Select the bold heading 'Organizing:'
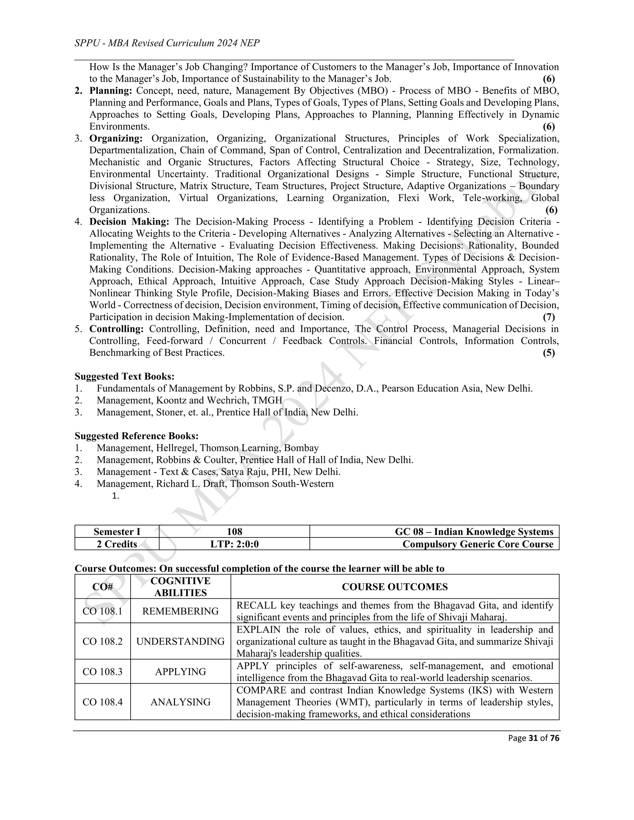[116, 138]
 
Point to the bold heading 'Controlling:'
[116, 329]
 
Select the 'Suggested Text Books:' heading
[124, 376]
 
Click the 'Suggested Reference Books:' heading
[136, 436]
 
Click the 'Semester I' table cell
[117, 532]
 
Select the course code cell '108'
[234, 532]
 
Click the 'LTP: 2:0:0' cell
[234, 544]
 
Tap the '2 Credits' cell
[117, 544]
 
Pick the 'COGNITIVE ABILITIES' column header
[180, 586]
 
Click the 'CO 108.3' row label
[102, 671]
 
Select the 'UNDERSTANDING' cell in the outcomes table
[180, 641]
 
